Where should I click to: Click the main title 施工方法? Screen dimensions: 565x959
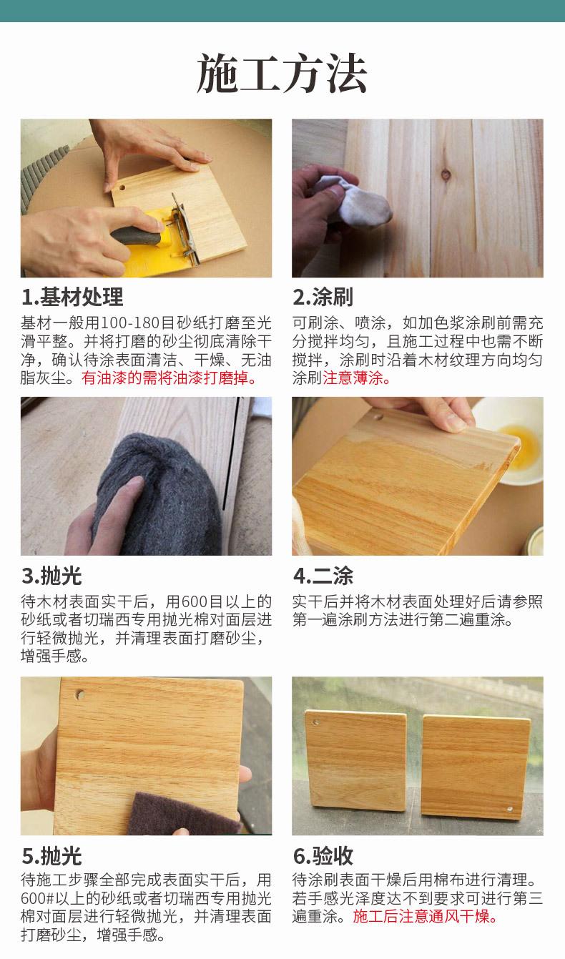pyautogui.click(x=282, y=74)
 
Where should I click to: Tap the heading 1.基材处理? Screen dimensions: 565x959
pyautogui.click(x=72, y=297)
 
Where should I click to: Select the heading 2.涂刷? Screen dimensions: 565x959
pyautogui.click(x=323, y=297)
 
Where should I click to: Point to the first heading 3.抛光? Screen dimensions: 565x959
pyautogui.click(x=51, y=576)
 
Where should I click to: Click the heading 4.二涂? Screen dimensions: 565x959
pyautogui.click(x=323, y=576)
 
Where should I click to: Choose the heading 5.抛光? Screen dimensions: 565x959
pyautogui.click(x=51, y=856)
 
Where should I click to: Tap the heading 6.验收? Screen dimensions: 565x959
pyautogui.click(x=323, y=856)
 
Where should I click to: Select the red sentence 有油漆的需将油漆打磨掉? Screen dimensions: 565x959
pyautogui.click(x=169, y=378)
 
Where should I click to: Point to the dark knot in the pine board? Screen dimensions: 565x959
pyautogui.click(x=446, y=174)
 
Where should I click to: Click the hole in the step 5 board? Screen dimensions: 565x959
pyautogui.click(x=79, y=694)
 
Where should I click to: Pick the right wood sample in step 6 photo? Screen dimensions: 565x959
pyautogui.click(x=476, y=767)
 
